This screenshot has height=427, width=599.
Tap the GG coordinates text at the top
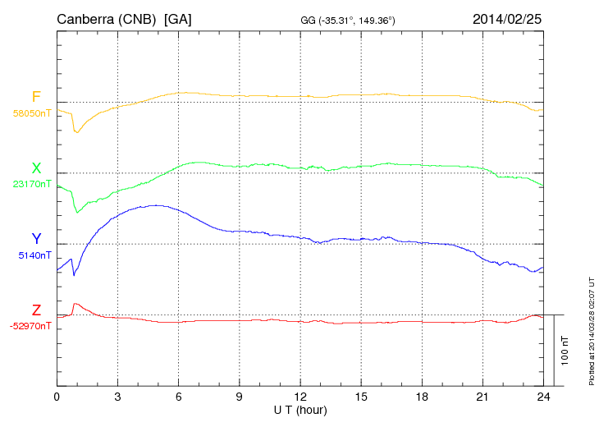[349, 20]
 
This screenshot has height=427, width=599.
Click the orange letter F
[36, 97]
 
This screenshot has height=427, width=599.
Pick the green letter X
[36, 168]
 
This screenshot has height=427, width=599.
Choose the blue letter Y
[36, 239]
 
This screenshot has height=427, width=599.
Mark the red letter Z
[36, 310]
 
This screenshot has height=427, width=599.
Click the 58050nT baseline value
[31, 113]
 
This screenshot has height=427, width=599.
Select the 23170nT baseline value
[31, 184]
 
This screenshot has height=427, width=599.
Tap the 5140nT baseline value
[34, 255]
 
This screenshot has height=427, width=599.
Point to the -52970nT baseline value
[30, 326]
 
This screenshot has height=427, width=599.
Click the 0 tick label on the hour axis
[57, 397]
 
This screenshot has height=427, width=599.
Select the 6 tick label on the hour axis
[178, 397]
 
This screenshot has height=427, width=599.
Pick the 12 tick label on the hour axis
[300, 397]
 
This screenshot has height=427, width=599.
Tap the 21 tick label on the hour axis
[482, 397]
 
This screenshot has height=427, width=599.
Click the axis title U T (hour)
[300, 410]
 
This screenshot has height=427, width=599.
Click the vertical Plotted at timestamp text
[591, 328]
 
